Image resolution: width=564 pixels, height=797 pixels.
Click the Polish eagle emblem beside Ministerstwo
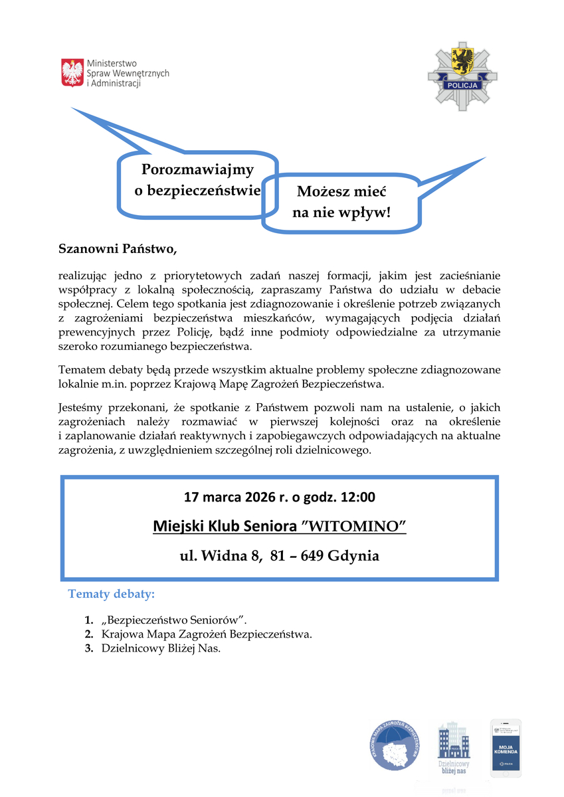pos(72,72)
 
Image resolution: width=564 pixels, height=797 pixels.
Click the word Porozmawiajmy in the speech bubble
pos(197,170)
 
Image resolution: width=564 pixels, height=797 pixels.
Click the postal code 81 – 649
pos(296,556)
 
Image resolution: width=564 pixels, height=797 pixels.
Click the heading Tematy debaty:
pos(112,593)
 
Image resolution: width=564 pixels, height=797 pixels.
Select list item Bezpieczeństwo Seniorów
pos(174,620)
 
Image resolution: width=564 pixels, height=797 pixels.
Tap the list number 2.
pos(88,634)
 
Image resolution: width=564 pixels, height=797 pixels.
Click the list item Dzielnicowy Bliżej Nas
pos(161,649)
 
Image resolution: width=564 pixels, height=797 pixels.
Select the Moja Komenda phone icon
pos(506,748)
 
